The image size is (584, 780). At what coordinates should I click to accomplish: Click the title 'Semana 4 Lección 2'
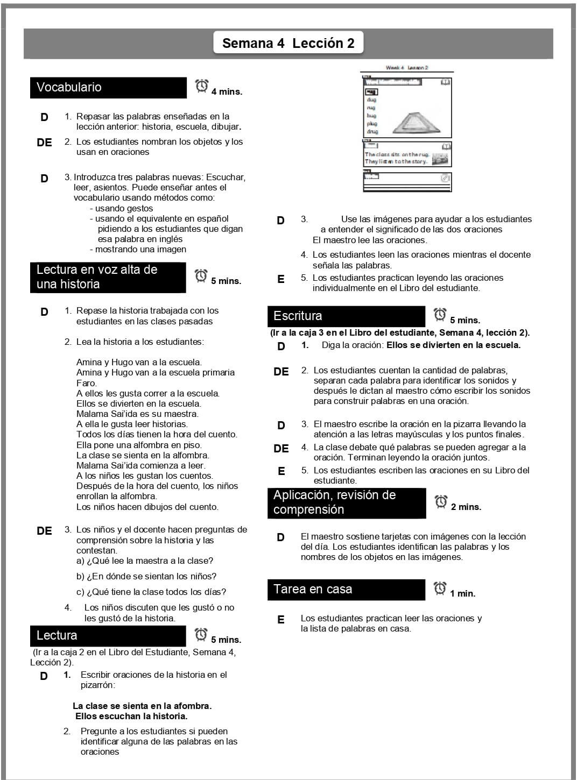point(288,44)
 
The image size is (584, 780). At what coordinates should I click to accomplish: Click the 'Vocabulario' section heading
point(69,87)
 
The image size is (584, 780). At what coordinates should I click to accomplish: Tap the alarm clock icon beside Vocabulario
point(202,86)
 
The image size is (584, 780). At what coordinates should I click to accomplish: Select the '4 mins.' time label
point(227,92)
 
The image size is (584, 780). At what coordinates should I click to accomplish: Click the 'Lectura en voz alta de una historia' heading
point(97,277)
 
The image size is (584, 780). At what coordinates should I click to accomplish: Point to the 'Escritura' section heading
point(298,316)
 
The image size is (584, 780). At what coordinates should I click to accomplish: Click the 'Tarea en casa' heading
point(313,589)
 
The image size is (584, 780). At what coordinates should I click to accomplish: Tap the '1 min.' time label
point(462,594)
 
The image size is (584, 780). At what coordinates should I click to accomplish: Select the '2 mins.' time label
point(466,507)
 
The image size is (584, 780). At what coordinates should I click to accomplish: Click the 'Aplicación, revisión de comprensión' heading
point(334,502)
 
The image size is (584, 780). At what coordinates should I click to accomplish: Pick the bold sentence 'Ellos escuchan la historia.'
point(131,717)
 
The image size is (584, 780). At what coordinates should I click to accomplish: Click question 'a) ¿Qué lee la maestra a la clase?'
point(145,561)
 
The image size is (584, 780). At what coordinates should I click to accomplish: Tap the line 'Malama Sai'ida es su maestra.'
point(137,414)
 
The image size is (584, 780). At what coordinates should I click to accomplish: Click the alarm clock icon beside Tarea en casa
point(440,588)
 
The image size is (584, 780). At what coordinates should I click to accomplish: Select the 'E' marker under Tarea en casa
point(280,620)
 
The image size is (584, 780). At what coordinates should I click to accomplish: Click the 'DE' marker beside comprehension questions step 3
point(44,531)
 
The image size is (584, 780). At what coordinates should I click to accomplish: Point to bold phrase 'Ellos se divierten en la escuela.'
point(453,345)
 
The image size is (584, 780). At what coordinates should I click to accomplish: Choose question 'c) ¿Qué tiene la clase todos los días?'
point(151,592)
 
